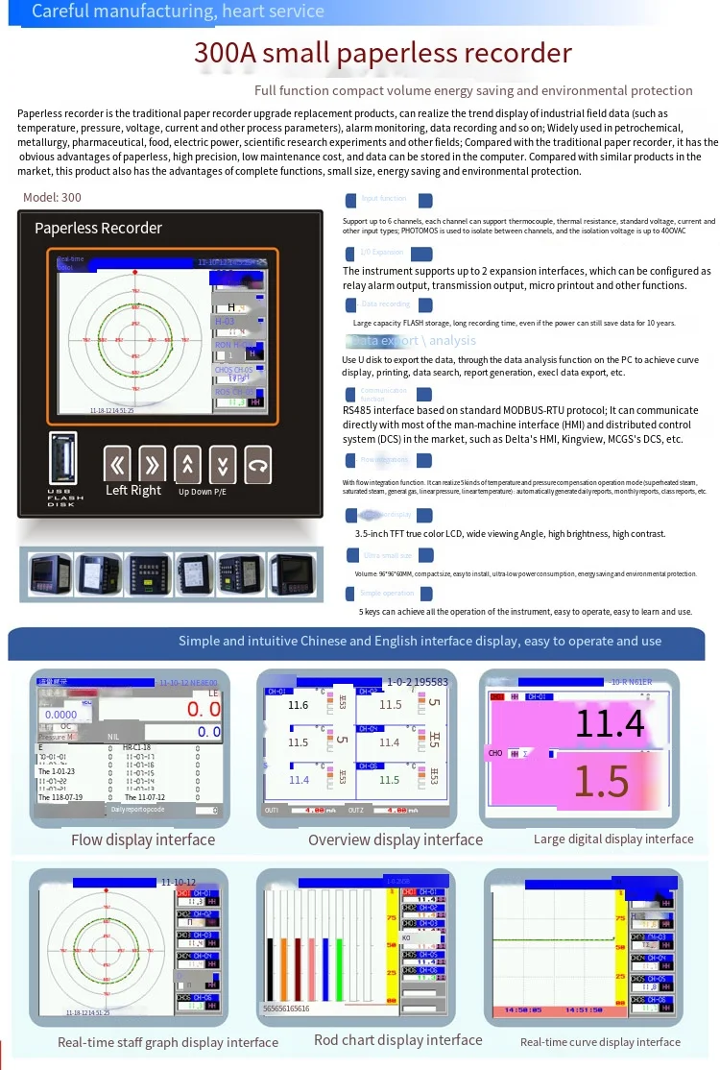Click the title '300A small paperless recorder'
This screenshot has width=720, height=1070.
point(382,53)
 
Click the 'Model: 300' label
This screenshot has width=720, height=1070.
point(52,197)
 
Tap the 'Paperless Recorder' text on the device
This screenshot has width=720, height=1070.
point(98,228)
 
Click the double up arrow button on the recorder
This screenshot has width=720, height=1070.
point(187,465)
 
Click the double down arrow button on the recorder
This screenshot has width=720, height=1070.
point(223,465)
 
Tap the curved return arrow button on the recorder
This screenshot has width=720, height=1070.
point(257,465)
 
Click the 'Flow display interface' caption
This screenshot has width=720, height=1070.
point(143,840)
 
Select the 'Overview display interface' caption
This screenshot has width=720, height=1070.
point(395,840)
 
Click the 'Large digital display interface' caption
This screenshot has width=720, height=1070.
point(613,839)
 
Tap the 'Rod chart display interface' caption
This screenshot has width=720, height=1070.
point(397,1040)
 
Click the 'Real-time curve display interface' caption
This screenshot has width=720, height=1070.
point(600,1042)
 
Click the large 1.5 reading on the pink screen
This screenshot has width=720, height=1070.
point(602,782)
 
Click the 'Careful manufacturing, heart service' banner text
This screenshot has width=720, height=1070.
point(179,12)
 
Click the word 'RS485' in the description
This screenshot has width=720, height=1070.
point(358,410)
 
